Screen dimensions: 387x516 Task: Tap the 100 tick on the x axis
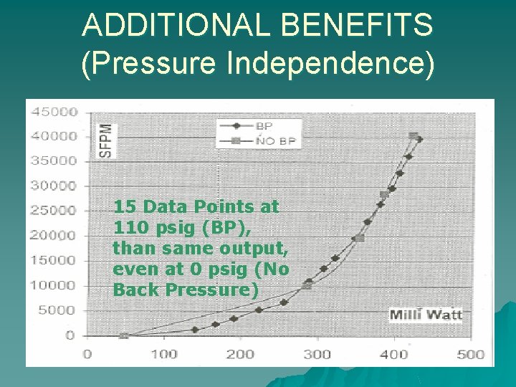click(163, 354)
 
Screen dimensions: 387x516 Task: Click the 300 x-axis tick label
click(317, 354)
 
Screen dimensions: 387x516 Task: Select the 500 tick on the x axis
click(470, 354)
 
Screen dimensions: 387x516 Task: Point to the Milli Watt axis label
click(426, 315)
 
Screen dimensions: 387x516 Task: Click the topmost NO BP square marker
click(413, 135)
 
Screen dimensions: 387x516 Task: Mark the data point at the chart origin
click(123, 335)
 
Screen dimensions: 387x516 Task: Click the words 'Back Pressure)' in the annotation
click(185, 290)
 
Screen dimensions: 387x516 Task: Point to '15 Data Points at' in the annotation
click(196, 207)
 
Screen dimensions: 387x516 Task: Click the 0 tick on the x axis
click(87, 354)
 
